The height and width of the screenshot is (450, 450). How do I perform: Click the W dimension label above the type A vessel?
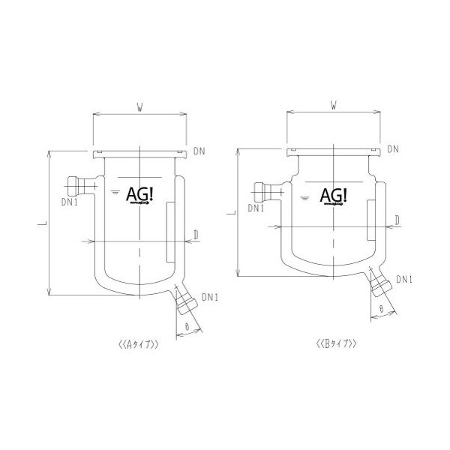139,107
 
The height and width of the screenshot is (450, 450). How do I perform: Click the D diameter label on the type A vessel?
195,235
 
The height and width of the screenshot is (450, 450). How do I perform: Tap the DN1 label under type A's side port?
69,202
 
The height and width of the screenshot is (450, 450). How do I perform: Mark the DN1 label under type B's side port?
257,208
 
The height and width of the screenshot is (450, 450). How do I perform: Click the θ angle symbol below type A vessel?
187,325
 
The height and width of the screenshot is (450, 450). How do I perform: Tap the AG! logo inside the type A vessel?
139,193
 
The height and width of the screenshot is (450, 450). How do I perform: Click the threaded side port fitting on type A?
75,184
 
